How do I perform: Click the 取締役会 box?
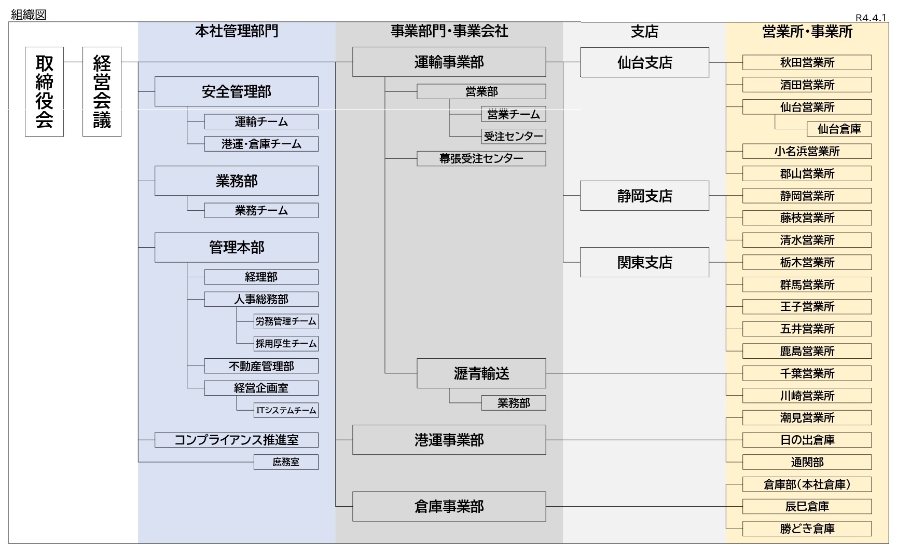tap(44, 92)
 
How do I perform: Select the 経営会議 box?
tap(102, 92)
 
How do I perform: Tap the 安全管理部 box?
tap(237, 92)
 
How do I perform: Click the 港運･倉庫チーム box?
tap(261, 144)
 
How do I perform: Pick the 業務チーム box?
tap(261, 210)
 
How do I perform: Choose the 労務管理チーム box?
tap(286, 321)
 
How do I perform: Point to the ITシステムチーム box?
tap(286, 410)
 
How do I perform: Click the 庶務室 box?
tap(286, 462)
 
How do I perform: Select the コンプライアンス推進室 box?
tap(237, 440)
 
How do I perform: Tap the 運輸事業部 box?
tap(449, 62)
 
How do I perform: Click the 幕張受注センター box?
tap(481, 158)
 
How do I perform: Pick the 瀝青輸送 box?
tap(481, 373)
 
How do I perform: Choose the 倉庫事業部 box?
tap(449, 506)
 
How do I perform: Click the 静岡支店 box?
tap(644, 196)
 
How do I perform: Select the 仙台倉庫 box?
tap(839, 129)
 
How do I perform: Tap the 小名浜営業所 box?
tap(807, 151)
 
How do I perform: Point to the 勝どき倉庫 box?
tap(807, 529)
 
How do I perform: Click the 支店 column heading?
tap(644, 32)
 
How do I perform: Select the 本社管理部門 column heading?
tap(237, 31)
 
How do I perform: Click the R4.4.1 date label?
tap(871, 18)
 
